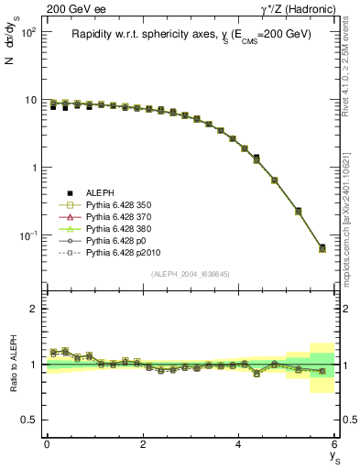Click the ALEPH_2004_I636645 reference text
pyautogui.click(x=191, y=274)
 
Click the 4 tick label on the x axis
pyautogui.click(x=238, y=444)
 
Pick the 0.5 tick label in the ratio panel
pyautogui.click(x=27, y=420)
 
